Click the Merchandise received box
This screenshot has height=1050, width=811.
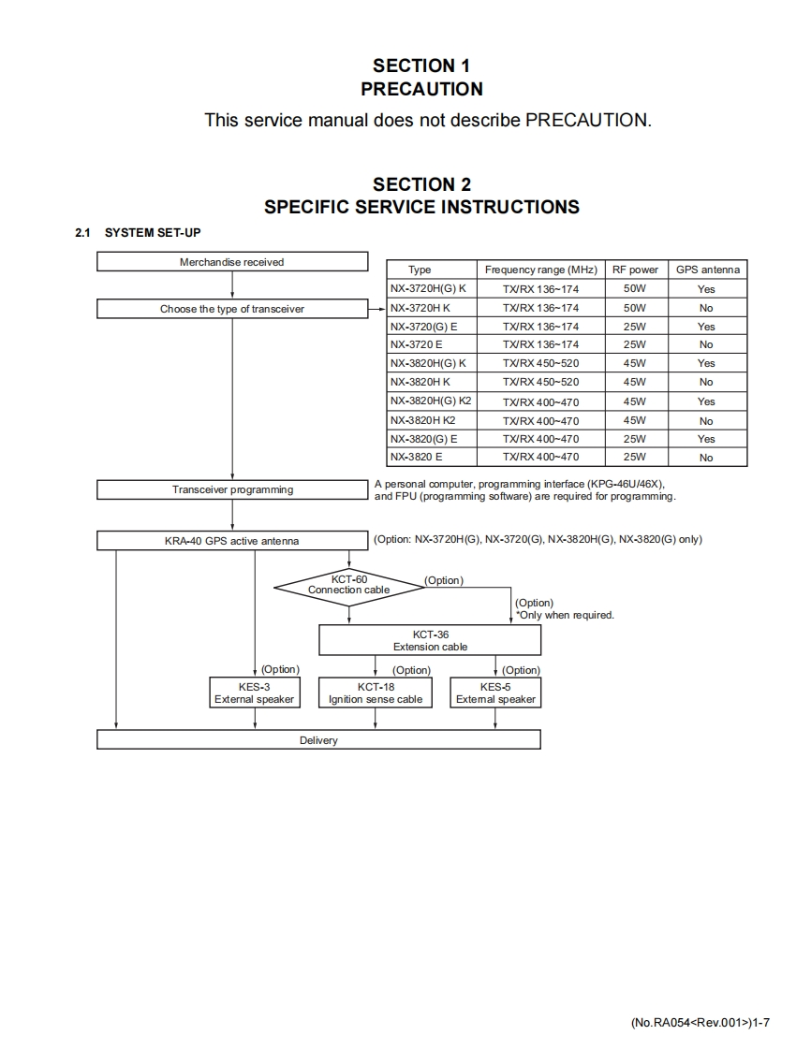(x=231, y=262)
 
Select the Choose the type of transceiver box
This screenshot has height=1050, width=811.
(x=231, y=309)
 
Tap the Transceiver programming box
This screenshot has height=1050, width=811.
(x=231, y=489)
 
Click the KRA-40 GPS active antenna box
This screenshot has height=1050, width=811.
(x=231, y=541)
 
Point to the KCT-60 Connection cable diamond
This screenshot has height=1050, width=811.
(x=348, y=585)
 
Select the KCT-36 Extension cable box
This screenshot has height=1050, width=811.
(x=430, y=640)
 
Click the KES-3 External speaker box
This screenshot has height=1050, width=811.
(x=254, y=693)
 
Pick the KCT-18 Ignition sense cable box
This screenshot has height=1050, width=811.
(x=376, y=693)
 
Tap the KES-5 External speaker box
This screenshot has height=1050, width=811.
(x=495, y=693)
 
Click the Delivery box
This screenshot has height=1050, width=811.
(x=318, y=740)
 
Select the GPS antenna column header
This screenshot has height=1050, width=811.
(x=707, y=270)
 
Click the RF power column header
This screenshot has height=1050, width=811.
(x=635, y=270)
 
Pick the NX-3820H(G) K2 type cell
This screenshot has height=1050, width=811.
(x=430, y=401)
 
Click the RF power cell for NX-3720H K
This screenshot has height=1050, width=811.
(x=635, y=308)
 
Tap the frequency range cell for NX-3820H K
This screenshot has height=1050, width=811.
(x=540, y=382)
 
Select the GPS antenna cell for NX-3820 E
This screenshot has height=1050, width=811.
(x=706, y=458)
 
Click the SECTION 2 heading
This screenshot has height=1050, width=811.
(x=421, y=184)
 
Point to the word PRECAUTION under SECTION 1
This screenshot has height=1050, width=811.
(x=421, y=89)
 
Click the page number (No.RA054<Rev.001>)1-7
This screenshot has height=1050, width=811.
(x=700, y=1022)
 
